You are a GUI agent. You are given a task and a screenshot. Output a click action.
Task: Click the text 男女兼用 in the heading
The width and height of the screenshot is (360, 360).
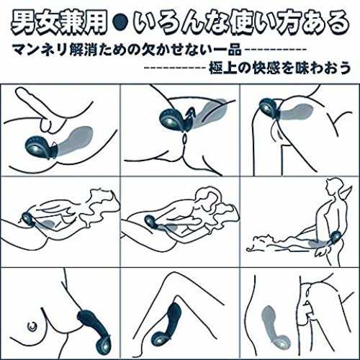coord(59,23)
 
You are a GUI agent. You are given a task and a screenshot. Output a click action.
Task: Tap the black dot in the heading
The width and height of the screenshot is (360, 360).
coord(120,23)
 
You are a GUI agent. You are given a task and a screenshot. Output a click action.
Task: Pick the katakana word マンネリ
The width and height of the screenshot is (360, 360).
coord(40,50)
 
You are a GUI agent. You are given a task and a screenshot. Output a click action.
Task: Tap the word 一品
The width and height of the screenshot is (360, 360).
coord(227,50)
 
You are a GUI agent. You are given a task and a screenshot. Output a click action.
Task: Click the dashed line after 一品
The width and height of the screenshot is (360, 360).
coord(275,50)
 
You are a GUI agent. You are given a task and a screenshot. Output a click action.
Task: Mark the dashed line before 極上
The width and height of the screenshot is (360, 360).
coord(175,68)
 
